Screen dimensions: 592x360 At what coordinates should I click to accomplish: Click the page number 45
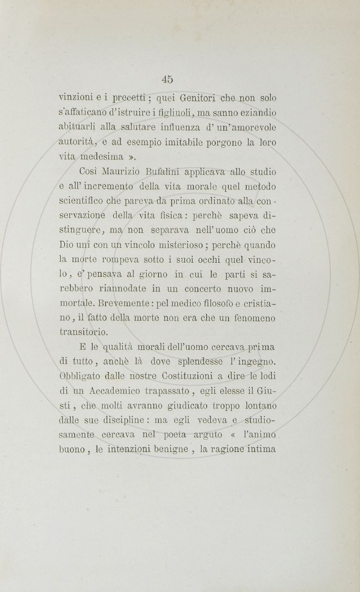tap(167, 79)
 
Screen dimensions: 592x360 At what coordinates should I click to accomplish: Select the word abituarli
tap(75, 128)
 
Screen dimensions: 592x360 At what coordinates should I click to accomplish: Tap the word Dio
tap(66, 245)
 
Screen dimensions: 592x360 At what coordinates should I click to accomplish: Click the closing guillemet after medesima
tap(131, 158)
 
